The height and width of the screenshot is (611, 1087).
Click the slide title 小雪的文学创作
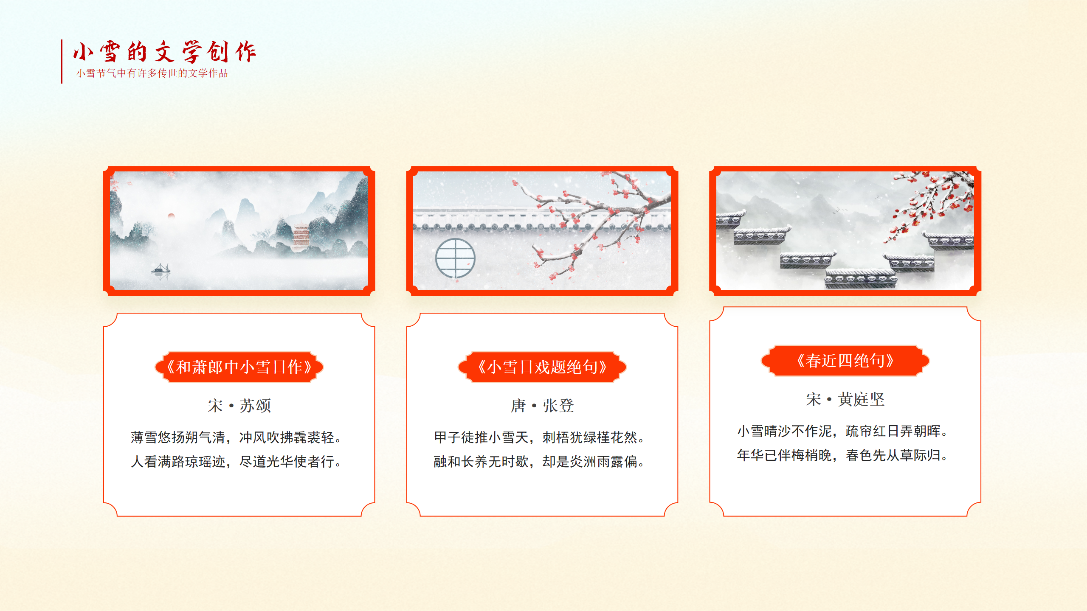click(164, 52)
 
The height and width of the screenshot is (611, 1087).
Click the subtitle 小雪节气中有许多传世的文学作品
click(152, 73)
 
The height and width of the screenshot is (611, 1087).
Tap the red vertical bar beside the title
click(62, 61)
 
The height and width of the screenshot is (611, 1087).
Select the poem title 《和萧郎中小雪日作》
click(239, 367)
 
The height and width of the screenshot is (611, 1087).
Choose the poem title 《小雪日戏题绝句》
click(542, 367)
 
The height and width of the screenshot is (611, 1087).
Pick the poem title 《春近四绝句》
click(845, 361)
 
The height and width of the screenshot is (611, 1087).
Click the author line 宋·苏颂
click(239, 406)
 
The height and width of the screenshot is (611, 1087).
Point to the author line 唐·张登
click(542, 406)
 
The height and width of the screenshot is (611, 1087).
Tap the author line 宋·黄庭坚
click(845, 399)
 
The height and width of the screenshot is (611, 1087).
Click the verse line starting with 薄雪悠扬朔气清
click(237, 437)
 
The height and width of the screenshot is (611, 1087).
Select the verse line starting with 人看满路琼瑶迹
click(237, 462)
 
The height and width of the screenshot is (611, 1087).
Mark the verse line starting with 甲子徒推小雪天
click(539, 437)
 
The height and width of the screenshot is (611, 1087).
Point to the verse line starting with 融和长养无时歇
click(539, 462)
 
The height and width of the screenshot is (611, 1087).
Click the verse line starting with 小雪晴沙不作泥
click(843, 431)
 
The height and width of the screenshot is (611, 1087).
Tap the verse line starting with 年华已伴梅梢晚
click(843, 455)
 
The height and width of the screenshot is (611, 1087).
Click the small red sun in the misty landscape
click(171, 216)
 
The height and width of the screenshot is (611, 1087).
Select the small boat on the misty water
click(161, 269)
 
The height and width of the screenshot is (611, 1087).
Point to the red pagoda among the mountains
click(301, 237)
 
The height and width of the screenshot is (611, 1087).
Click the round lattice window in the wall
click(455, 258)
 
